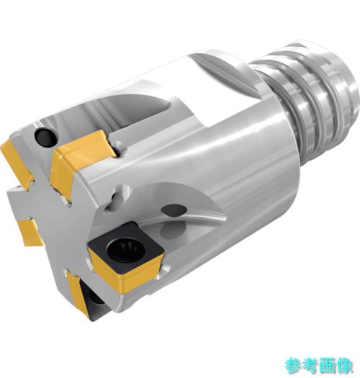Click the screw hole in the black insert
[124, 248]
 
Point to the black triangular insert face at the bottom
[93, 305]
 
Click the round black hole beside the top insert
[46, 137]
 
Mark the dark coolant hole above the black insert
[174, 212]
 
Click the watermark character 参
[294, 365]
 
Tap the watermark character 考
[310, 365]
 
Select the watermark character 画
[328, 365]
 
